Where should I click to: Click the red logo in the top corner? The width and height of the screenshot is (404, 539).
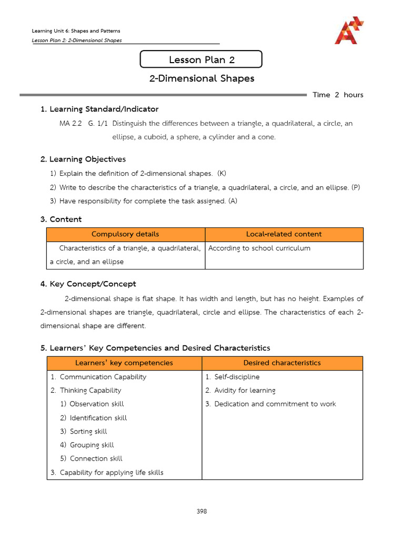tap(349, 30)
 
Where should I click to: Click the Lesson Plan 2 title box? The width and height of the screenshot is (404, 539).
tap(201, 59)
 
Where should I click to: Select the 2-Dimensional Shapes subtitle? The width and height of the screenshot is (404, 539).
tap(201, 78)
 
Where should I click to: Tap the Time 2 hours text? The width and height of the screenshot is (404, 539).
tap(338, 95)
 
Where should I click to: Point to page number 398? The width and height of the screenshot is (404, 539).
tap(201, 511)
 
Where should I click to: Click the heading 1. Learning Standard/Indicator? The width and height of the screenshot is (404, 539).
tap(99, 109)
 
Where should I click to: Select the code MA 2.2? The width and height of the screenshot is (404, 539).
tap(70, 124)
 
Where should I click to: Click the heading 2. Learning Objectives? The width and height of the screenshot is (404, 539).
tap(83, 159)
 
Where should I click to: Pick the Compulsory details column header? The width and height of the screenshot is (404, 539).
tap(125, 234)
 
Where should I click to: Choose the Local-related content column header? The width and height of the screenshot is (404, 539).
tap(284, 234)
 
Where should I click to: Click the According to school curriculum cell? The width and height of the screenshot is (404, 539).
tap(259, 248)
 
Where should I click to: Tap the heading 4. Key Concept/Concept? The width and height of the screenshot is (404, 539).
tap(88, 284)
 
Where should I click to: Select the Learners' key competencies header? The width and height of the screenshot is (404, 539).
tap(124, 363)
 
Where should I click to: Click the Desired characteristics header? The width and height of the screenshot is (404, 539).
tap(282, 363)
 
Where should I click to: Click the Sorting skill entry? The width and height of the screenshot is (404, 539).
tap(88, 431)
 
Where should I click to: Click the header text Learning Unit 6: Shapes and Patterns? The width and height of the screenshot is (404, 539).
tap(77, 31)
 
